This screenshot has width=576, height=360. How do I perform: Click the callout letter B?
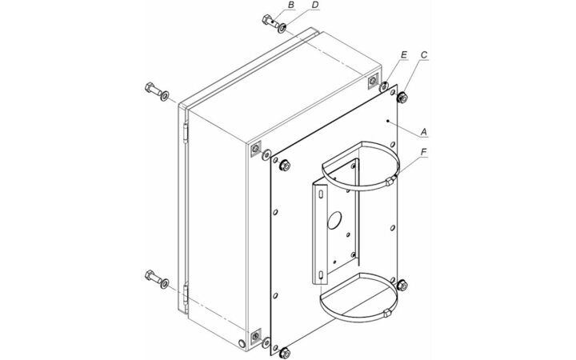click(291, 5)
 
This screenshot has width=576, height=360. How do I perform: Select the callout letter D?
click(315, 5)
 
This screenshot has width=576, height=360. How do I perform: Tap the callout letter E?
click(404, 55)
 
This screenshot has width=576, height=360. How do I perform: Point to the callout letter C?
click(424, 55)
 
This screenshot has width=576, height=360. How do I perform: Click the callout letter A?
click(424, 131)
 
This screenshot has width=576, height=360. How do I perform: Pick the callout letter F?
click(424, 152)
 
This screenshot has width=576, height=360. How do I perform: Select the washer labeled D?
click(282, 28)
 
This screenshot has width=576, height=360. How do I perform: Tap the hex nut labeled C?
click(402, 98)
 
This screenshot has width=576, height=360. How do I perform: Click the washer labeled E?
click(383, 87)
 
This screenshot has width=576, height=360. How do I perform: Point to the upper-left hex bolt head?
click(150, 87)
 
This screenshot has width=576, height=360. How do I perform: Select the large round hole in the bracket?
click(334, 220)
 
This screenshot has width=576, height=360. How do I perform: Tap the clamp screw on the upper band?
click(391, 180)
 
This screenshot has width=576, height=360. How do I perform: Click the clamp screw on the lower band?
click(386, 314)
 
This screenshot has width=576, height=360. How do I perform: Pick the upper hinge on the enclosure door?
click(186, 133)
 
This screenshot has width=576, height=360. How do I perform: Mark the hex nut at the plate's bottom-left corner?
click(284, 354)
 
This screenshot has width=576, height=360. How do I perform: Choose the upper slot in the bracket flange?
click(322, 193)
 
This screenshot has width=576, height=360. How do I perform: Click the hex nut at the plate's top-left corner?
click(284, 166)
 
